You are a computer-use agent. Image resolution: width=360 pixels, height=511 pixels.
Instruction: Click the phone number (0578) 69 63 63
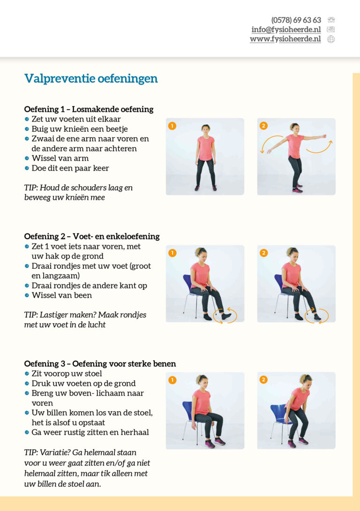tap(296, 20)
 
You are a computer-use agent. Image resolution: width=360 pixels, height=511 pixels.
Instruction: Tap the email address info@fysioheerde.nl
tap(286, 30)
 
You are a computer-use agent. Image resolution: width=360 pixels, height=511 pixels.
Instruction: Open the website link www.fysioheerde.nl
tap(285, 39)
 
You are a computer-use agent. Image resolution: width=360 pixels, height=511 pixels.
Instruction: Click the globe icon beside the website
tap(331, 39)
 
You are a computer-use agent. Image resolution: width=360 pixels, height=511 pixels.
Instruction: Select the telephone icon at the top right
tap(331, 20)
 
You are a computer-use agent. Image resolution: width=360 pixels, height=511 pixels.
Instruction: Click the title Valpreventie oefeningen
tap(91, 78)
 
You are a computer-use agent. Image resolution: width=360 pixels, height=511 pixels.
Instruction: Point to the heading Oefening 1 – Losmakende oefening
tap(89, 109)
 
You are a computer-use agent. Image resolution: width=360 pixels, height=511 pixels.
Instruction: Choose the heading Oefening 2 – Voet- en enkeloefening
tap(92, 236)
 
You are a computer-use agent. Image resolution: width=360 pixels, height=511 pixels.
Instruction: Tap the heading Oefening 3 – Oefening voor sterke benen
tap(100, 364)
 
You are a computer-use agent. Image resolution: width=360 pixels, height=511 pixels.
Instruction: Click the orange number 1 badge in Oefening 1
tap(172, 126)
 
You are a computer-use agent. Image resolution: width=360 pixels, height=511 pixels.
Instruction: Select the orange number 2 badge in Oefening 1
tap(263, 126)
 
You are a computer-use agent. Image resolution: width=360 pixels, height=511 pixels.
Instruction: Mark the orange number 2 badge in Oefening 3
tap(263, 380)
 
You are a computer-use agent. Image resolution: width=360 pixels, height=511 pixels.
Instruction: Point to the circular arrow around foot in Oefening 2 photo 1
tap(225, 316)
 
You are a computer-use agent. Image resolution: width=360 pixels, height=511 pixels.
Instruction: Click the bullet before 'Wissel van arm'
tap(27, 158)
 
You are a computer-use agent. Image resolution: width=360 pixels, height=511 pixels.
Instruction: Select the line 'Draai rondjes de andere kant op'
tap(89, 286)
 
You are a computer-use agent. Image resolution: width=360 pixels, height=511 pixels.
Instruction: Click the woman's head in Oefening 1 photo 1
tap(205, 128)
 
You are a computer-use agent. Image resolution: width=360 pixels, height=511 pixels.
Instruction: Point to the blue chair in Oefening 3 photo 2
tap(279, 414)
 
